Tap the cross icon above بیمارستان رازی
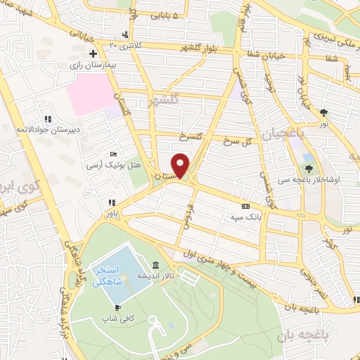pyautogui.click(x=92, y=53)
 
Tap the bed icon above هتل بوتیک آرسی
pyautogui.click(x=115, y=155)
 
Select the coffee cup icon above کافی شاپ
pyautogui.click(x=117, y=307)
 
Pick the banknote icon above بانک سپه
pyautogui.click(x=245, y=207)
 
